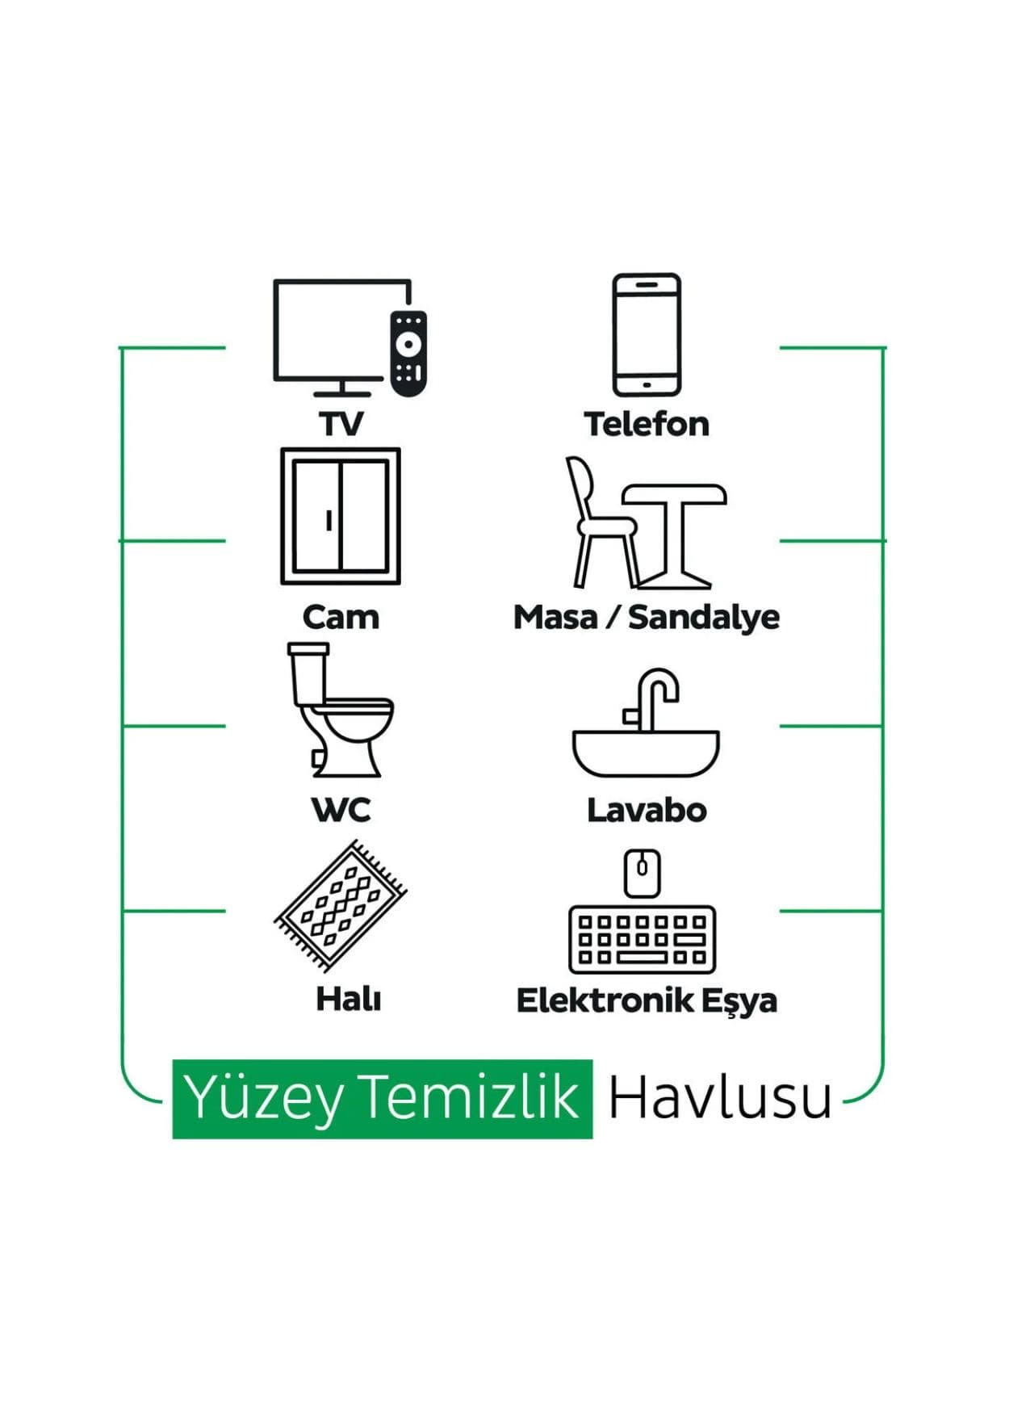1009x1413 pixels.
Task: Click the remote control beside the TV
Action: [x=408, y=353]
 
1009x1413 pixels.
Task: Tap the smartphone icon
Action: [x=647, y=334]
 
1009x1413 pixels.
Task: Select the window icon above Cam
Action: [x=341, y=516]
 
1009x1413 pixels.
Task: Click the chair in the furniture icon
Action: [x=601, y=522]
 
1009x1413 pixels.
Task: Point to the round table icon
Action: [x=675, y=536]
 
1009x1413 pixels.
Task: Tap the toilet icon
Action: [x=340, y=710]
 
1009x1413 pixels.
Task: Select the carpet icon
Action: [x=341, y=905]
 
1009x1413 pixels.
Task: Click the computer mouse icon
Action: [x=643, y=873]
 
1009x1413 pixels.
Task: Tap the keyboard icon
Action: [x=643, y=940]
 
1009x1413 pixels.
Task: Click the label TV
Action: [x=341, y=424]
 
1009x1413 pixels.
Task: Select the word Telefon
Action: [x=647, y=424]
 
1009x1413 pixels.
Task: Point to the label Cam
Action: [x=341, y=618]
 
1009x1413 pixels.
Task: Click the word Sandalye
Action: [x=704, y=618]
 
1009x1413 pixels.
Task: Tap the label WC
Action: [x=341, y=810]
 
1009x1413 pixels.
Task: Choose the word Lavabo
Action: [x=647, y=810]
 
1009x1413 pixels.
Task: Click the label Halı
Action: [x=348, y=1000]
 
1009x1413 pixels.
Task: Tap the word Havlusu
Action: [x=720, y=1098]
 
